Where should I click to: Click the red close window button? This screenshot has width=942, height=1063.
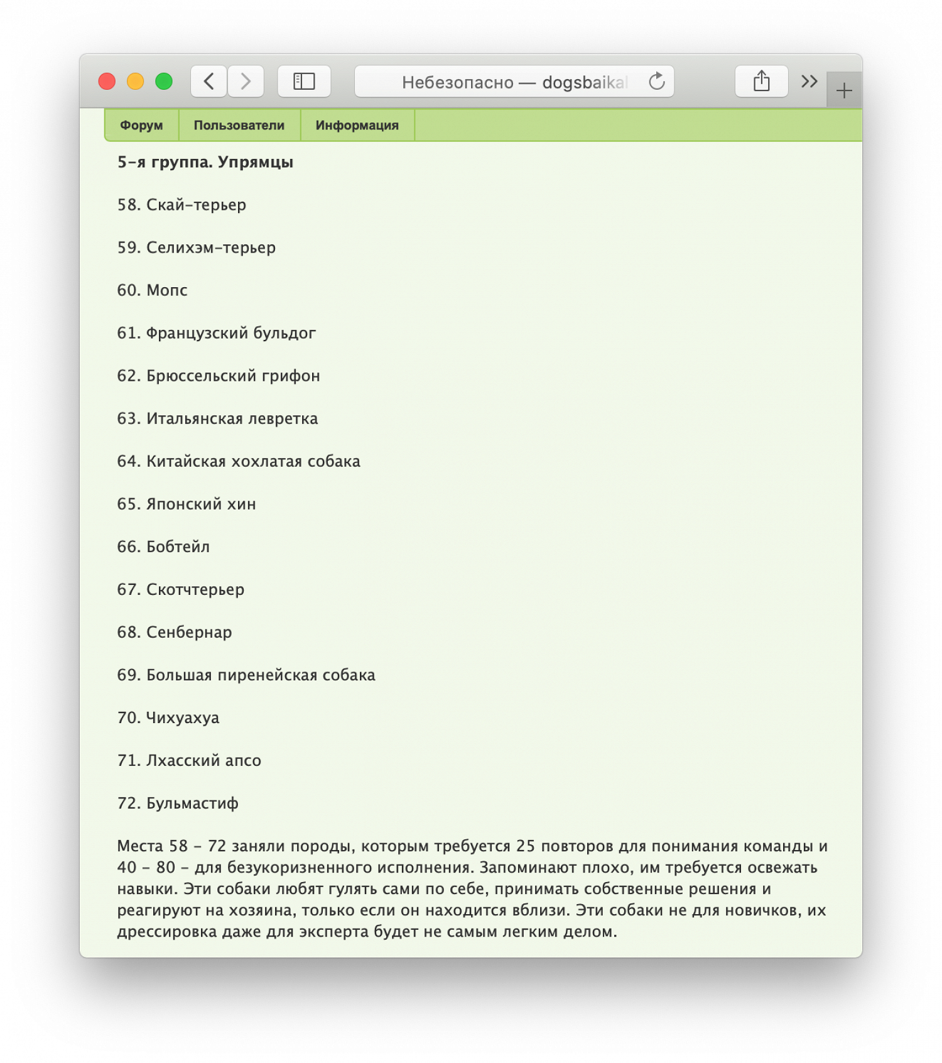click(107, 82)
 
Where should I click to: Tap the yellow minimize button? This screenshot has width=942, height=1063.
click(136, 82)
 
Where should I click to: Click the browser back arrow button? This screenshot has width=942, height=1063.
click(209, 82)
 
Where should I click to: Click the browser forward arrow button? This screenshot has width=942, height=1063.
click(246, 82)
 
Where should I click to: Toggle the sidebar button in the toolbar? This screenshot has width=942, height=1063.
click(304, 82)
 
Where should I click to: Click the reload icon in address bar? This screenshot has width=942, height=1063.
click(657, 82)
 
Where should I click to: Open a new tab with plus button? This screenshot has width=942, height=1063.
click(844, 90)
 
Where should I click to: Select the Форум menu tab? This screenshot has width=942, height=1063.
click(141, 126)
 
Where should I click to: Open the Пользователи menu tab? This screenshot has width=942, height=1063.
click(239, 126)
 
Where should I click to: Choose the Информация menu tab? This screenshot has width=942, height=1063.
click(357, 126)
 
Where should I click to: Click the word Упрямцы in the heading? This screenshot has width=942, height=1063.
click(256, 163)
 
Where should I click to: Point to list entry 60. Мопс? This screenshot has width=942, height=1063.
click(153, 290)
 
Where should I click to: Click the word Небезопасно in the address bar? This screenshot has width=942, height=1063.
click(458, 82)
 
